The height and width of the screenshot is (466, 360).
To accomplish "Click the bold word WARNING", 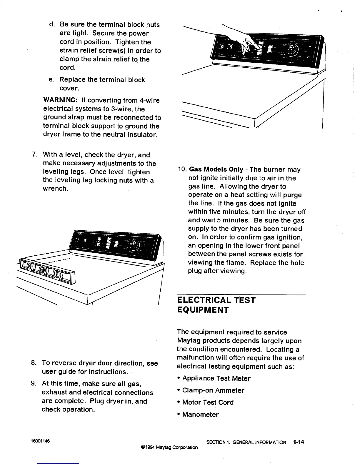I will pos(60,101).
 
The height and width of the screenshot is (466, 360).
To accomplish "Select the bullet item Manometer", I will pos(200,415).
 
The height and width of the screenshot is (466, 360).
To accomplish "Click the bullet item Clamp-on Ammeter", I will pos(213,390).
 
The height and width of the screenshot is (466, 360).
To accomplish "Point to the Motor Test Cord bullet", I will pos(208,402).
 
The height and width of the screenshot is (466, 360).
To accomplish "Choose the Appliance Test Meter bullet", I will pos(216,378).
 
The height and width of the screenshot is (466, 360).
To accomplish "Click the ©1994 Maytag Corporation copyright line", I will pos(169,447).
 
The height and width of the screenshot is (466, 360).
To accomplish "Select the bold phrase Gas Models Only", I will pos(216,170).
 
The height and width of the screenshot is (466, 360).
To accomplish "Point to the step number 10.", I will pos(181,170).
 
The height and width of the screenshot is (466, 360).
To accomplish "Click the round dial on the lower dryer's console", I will pos(135,244).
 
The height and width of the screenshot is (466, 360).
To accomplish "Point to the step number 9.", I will pos(34,384).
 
